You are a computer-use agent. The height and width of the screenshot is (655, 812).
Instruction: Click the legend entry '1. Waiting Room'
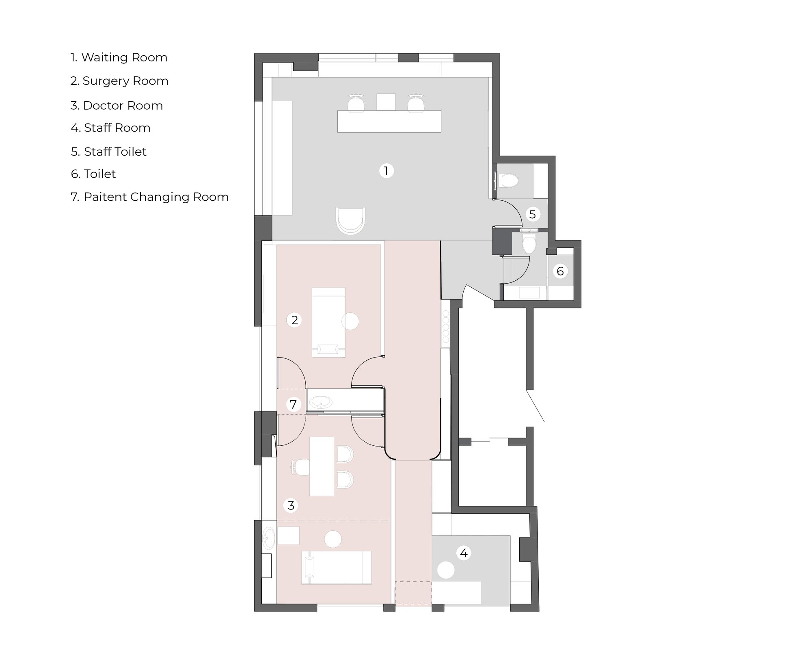(x=119, y=57)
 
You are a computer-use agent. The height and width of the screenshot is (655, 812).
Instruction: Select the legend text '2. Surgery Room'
(x=119, y=81)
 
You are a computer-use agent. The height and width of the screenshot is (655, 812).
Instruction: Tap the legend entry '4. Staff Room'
(x=110, y=128)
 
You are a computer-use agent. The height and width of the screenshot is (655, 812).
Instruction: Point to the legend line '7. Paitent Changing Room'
(x=150, y=197)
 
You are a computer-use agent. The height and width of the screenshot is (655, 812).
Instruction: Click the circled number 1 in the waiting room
(x=386, y=171)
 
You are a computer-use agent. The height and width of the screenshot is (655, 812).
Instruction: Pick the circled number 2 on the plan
(x=294, y=320)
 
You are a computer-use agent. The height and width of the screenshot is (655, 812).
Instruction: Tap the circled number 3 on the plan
(x=291, y=505)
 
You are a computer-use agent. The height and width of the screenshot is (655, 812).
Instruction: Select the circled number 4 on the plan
(x=464, y=553)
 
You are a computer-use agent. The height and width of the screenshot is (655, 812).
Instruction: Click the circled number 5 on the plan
(x=533, y=214)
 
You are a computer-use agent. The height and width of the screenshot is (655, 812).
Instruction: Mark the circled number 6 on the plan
(x=560, y=271)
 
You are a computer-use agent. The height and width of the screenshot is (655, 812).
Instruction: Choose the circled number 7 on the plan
(x=293, y=404)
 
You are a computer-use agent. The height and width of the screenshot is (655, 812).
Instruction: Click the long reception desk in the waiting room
(x=389, y=121)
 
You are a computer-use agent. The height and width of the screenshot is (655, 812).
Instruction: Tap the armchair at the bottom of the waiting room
(x=351, y=221)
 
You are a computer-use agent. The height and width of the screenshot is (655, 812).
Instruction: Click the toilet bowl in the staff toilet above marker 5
(x=510, y=180)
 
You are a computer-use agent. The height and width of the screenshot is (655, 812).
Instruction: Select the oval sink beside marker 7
(x=321, y=402)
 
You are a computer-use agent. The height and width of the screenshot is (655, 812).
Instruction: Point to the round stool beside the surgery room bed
(x=350, y=321)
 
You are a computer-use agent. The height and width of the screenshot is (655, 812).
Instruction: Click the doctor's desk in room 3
(x=322, y=466)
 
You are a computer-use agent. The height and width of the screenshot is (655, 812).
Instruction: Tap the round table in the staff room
(x=446, y=570)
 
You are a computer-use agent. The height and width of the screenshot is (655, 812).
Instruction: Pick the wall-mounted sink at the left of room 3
(x=269, y=539)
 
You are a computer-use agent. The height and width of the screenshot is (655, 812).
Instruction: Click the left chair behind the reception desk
(x=356, y=103)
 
